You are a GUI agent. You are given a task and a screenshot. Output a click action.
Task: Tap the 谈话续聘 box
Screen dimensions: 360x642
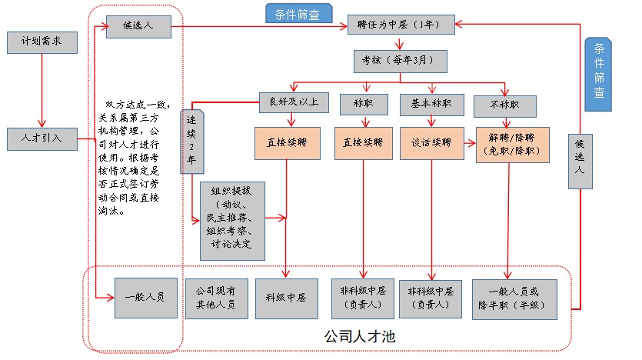point(431,142)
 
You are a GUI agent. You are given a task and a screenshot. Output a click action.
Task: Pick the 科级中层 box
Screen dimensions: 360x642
point(287,298)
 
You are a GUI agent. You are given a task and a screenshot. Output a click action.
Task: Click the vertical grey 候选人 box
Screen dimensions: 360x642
point(581,161)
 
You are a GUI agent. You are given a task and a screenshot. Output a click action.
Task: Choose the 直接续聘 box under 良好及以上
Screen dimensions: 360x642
point(287,142)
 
